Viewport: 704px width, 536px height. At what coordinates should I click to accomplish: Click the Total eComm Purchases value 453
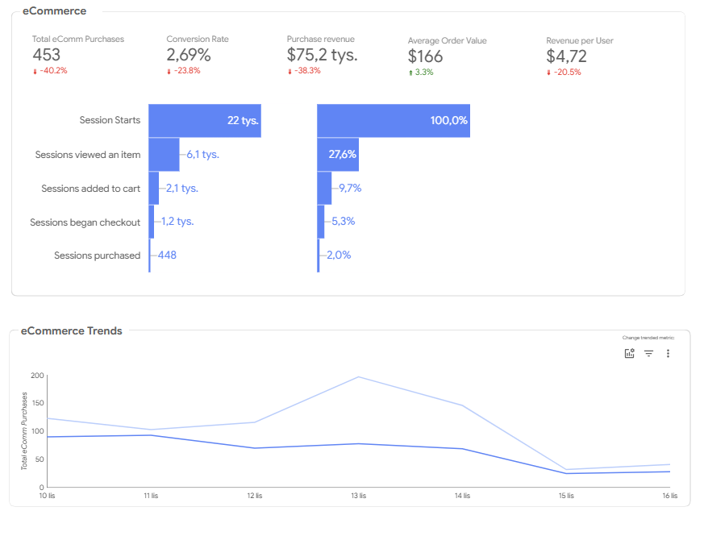46,55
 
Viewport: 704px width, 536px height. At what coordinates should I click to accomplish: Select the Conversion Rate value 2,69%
189,55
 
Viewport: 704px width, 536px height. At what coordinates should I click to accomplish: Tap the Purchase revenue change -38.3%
304,70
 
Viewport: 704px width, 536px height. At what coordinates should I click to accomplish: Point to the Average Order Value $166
425,56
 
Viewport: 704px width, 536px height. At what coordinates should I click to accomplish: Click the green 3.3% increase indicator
421,73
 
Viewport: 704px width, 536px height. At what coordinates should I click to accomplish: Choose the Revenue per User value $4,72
566,56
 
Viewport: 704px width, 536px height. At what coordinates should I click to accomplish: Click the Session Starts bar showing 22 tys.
205,121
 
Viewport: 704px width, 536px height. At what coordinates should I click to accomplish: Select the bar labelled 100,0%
394,121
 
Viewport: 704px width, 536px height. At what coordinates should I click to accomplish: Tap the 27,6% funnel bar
338,155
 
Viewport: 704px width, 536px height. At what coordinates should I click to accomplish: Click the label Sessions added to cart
90,189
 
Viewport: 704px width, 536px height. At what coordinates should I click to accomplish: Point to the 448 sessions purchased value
167,255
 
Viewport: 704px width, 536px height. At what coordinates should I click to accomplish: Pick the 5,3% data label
343,222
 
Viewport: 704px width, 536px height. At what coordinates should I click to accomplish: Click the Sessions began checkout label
85,222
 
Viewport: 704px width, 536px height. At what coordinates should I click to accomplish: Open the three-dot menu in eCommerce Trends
668,353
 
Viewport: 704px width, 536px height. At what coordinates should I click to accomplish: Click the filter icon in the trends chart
649,353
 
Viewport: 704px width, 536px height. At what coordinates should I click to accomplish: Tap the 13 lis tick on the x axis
359,496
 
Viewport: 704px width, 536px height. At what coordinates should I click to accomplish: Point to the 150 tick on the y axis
38,403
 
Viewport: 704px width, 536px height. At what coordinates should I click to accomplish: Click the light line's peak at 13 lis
358,376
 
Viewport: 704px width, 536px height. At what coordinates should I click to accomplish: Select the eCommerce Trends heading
72,330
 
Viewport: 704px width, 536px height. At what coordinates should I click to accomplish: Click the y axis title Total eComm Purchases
24,431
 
